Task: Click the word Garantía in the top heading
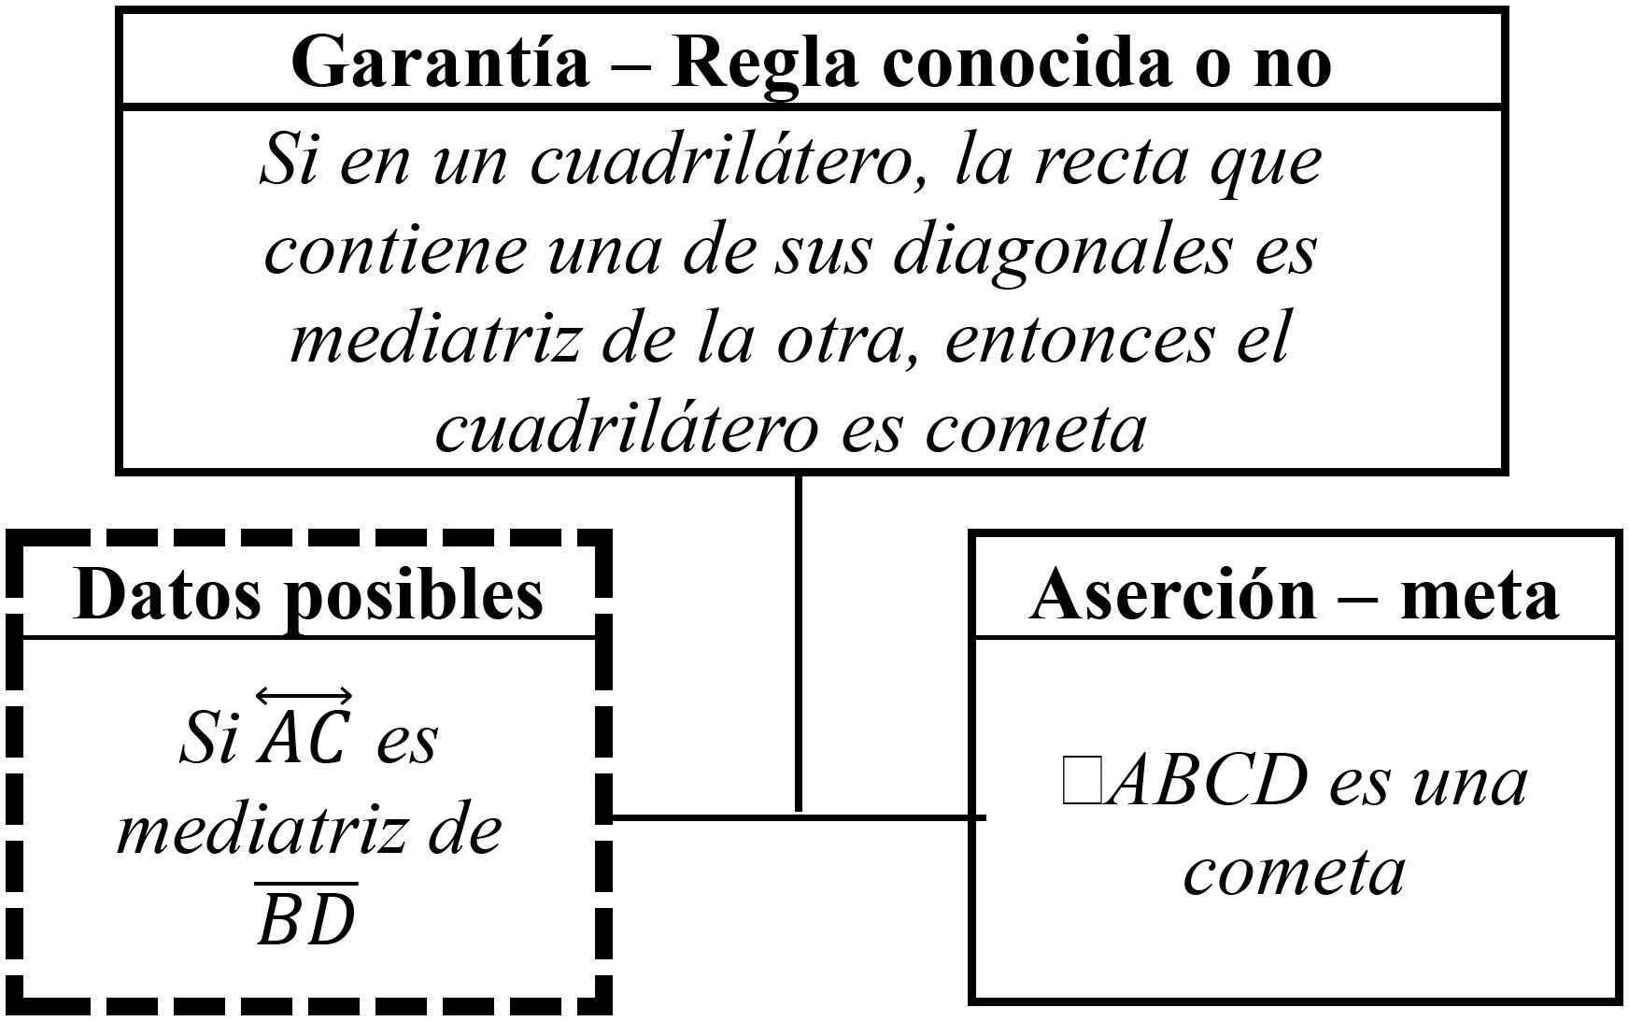[x=440, y=62]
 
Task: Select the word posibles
[x=416, y=594]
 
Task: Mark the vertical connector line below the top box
[x=799, y=645]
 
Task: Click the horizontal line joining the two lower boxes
[x=799, y=817]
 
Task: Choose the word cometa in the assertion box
[x=1294, y=872]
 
